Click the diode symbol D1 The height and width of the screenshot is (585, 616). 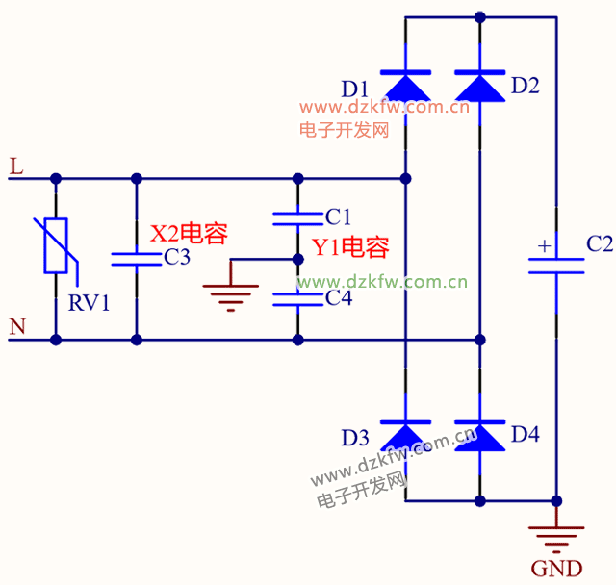point(405,86)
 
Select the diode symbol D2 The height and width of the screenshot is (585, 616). point(479,86)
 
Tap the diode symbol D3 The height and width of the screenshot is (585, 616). point(405,436)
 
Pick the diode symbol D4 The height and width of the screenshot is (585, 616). point(479,436)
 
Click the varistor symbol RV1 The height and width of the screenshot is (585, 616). point(56,246)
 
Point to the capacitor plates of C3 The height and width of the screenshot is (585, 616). point(137,258)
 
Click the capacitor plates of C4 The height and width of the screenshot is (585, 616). point(297,298)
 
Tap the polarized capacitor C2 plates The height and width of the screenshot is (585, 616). point(556,266)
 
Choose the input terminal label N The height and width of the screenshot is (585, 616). point(16,328)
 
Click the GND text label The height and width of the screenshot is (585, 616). point(556,568)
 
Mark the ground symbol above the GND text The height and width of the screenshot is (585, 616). point(556,535)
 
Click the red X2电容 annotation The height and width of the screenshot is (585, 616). point(189,233)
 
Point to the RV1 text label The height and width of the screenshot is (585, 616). point(90,304)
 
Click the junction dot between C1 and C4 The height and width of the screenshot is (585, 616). point(297,259)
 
